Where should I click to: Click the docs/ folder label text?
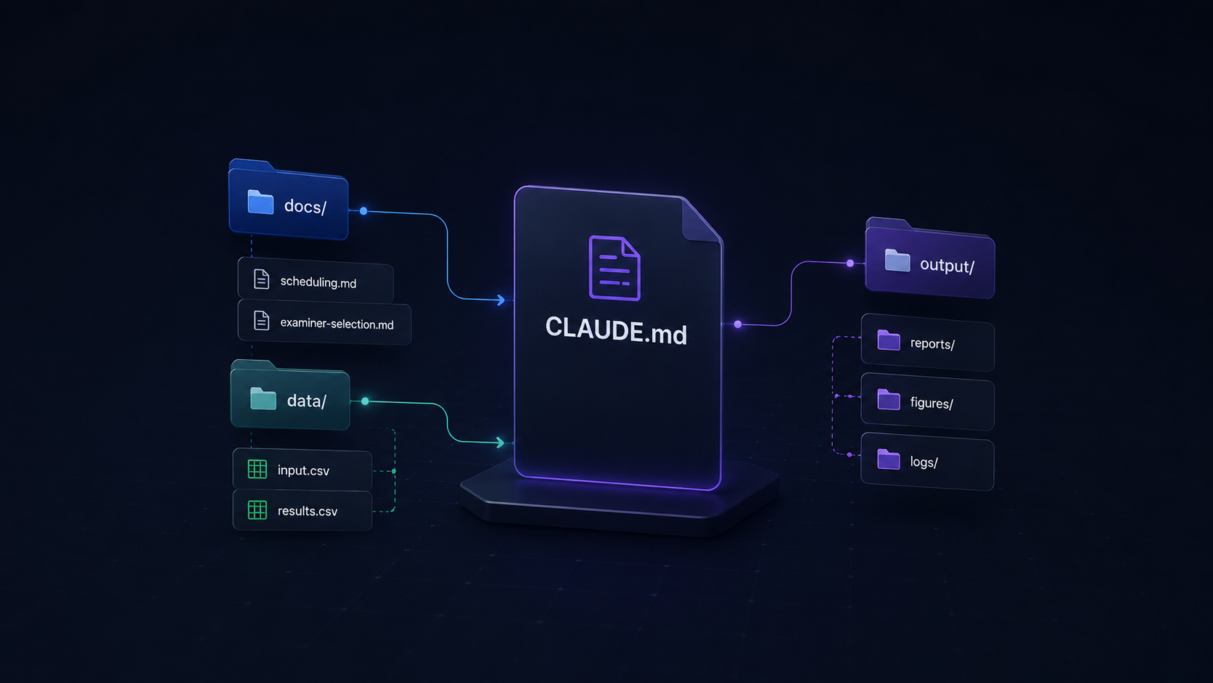305,206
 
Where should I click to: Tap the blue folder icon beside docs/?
260,202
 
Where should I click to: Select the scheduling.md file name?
318,282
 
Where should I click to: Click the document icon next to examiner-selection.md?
262,321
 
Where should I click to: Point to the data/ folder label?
306,401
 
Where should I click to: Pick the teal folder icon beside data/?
263,398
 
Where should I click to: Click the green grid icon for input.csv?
258,469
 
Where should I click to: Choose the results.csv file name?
308,511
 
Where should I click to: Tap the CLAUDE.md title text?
616,330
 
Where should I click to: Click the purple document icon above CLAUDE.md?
614,268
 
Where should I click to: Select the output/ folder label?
947,266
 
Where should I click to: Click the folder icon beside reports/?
889,340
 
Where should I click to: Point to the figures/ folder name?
932,403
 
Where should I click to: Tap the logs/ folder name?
924,462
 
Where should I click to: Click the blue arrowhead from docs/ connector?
501,300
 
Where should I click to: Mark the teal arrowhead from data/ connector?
501,443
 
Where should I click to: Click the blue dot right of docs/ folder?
364,210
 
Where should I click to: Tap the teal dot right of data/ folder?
365,401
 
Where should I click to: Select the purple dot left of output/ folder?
850,263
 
